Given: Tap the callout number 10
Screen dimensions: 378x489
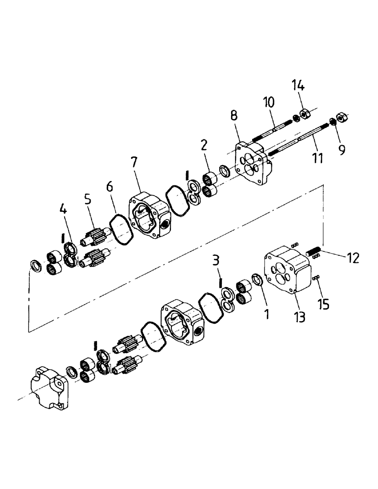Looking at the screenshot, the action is click(x=268, y=102).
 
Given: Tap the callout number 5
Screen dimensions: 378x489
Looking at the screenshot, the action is click(x=87, y=200).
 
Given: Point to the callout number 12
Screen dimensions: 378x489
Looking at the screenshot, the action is click(x=353, y=258).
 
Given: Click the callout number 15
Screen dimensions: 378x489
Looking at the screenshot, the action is click(x=324, y=304).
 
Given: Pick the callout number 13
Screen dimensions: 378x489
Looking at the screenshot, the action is click(x=300, y=317).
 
